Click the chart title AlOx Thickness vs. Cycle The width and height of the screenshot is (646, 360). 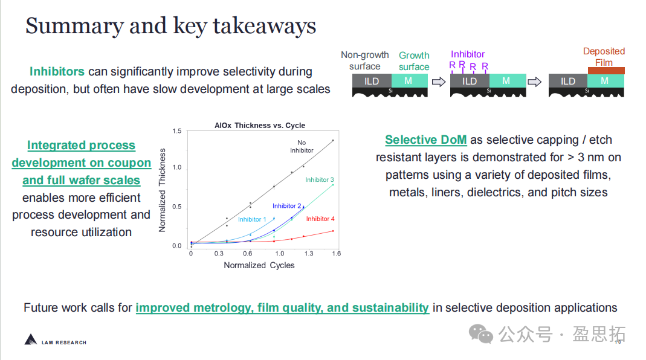(260, 125)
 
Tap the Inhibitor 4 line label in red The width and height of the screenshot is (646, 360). (320, 219)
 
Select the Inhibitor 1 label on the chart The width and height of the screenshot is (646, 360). (252, 219)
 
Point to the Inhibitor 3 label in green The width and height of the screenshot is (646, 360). (319, 179)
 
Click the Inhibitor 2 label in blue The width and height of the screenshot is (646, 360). (287, 206)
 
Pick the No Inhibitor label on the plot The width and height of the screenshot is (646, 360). (302, 147)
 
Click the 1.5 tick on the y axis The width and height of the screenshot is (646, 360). (176, 131)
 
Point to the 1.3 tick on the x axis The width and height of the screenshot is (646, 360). (309, 253)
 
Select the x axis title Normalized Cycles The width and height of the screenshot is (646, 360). (259, 265)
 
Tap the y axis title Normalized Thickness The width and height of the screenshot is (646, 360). (162, 190)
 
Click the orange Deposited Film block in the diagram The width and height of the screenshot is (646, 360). (606, 71)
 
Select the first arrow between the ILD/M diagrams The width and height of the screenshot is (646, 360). (439, 82)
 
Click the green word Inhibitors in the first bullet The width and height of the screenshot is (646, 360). (57, 71)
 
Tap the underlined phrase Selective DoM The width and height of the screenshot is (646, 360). (426, 140)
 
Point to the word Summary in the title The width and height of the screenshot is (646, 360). (74, 26)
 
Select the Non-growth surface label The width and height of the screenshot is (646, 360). (364, 60)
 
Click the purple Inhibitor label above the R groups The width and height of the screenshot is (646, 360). (468, 54)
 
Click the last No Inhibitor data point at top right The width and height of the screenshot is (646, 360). (333, 141)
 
